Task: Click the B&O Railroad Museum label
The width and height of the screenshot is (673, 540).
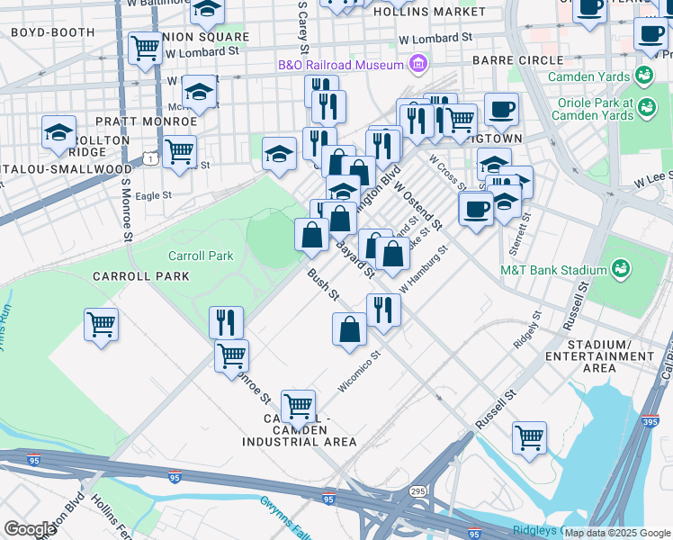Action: coord(339,66)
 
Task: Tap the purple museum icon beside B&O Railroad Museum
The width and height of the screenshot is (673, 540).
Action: coord(417,65)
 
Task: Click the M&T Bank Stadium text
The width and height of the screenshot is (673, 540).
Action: coord(553,269)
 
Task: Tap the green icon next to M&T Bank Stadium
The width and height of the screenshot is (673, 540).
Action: coord(620,268)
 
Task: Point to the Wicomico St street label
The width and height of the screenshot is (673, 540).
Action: coord(360,372)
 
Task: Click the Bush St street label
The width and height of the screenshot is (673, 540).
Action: coord(321,283)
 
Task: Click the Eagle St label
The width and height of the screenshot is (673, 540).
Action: coord(153,194)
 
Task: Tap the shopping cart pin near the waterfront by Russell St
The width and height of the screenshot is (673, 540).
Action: coord(529,438)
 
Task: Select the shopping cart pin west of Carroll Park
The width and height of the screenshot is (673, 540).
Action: coord(101,324)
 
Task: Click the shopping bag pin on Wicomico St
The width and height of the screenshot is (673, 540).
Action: coord(349,328)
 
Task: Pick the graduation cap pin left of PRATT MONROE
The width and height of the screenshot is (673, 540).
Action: coord(58,133)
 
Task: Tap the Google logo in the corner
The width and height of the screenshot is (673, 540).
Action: coord(30,528)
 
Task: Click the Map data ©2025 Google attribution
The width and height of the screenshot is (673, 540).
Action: coord(617,533)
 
